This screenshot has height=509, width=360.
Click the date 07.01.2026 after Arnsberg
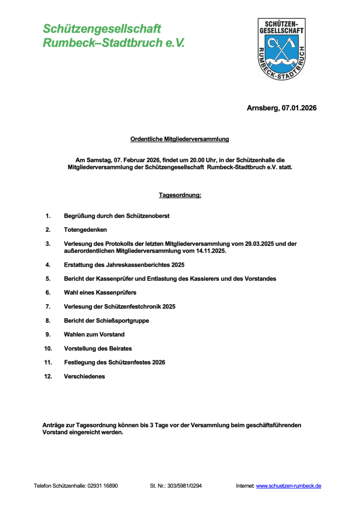tap(299, 108)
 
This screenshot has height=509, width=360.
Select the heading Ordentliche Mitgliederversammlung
tap(180, 139)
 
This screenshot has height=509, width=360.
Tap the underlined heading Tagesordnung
tap(180, 195)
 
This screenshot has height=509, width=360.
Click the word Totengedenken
tap(85, 229)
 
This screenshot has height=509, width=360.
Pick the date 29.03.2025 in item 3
tap(259, 243)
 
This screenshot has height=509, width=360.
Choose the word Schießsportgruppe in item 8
tap(124, 320)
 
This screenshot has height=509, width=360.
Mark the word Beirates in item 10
tap(120, 348)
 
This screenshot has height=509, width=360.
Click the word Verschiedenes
tap(84, 376)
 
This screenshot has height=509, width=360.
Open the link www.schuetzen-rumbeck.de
tap(288, 486)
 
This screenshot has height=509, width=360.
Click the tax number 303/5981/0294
tap(184, 486)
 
